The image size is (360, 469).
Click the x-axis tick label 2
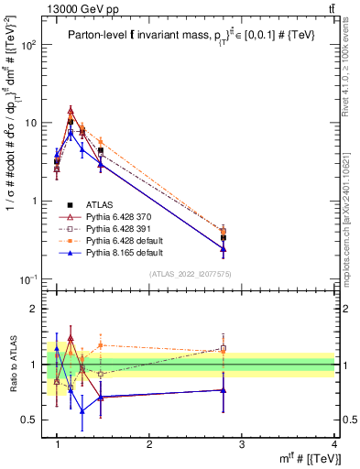pyautogui.click(x=149, y=444)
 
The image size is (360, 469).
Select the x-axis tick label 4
pyautogui.click(x=334, y=444)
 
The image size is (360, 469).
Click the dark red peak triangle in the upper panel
pyautogui.click(x=71, y=110)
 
